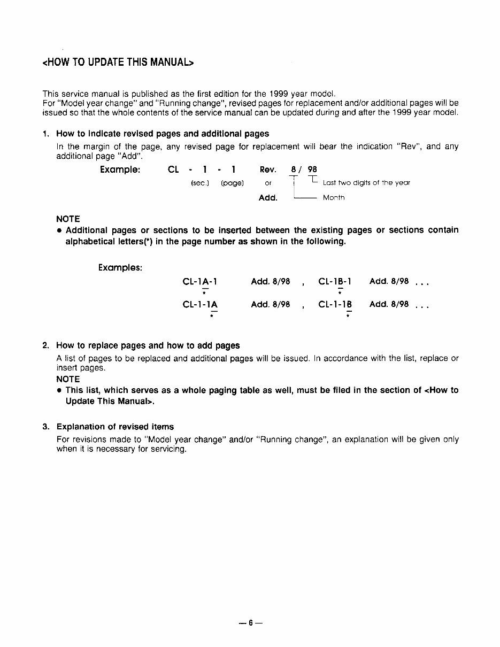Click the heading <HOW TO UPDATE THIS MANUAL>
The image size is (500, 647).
pos(117,63)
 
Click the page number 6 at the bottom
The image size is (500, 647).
pos(250,623)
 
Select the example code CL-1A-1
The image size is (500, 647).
pos(200,281)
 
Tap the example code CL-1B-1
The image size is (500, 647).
pos(335,281)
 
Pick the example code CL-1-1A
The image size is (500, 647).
pos(200,305)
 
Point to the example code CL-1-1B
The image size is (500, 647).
pos(335,305)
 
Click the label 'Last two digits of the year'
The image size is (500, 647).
pos(366,183)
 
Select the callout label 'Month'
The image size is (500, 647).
pos(334,198)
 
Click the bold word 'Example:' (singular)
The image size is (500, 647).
pos(120,170)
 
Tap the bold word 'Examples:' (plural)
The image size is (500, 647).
pos(120,267)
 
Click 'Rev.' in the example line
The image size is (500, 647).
pos(268,170)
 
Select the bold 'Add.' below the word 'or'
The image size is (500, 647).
pos(268,198)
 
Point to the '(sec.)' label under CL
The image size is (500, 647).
pos(199,183)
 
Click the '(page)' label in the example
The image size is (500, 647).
pos(232,183)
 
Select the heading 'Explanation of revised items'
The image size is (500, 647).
pos(115,427)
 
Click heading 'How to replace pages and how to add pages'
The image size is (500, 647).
pos(148,345)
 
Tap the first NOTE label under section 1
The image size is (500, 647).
pos(68,219)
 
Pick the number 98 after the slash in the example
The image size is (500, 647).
pos(312,170)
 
